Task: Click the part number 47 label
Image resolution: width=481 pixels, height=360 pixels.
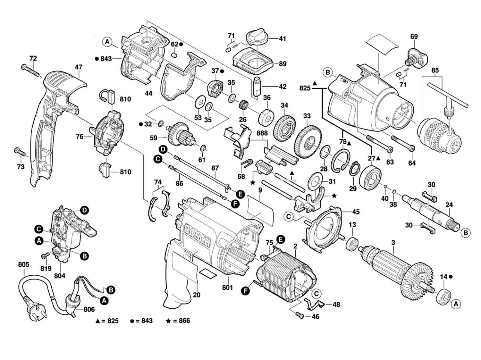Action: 79,67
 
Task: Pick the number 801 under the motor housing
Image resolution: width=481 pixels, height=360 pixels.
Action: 227,288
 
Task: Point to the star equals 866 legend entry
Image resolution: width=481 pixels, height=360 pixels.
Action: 178,321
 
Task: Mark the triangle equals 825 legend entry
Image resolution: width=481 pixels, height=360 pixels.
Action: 107,321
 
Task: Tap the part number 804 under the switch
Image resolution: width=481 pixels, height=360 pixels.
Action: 60,275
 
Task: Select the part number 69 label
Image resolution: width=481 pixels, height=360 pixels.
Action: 414,37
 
